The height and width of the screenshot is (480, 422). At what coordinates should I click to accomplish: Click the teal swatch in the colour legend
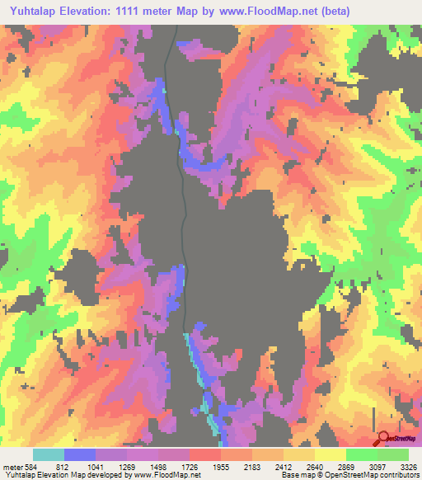[x=49, y=455]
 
